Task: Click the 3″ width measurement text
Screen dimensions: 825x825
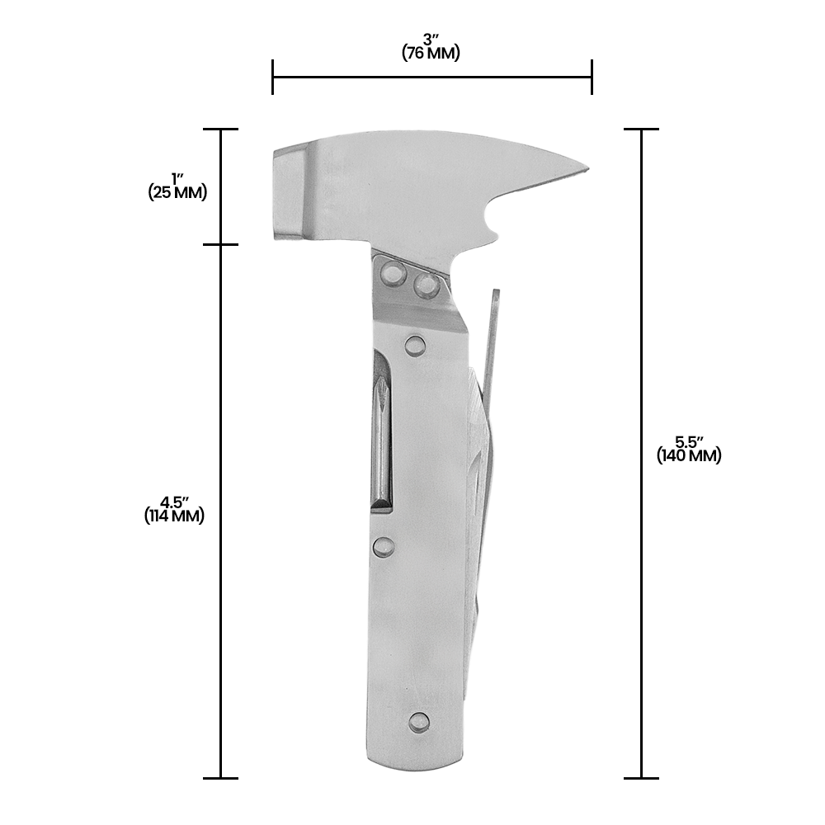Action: click(431, 40)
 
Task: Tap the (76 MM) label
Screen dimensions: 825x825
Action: click(431, 54)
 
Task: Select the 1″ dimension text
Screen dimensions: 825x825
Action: click(177, 179)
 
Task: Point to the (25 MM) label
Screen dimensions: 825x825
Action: click(177, 193)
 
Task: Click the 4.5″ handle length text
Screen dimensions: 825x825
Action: click(175, 502)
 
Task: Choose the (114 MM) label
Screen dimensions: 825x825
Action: click(174, 516)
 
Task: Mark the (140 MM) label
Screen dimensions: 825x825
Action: click(689, 455)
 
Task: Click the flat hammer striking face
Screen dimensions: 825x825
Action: click(285, 193)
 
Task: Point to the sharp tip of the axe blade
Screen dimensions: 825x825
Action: click(586, 170)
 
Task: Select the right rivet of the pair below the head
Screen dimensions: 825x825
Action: click(427, 285)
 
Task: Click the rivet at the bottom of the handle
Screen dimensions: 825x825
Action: click(419, 722)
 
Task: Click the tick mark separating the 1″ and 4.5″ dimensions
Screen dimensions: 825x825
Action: click(220, 244)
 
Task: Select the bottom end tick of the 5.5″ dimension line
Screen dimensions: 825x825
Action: click(642, 777)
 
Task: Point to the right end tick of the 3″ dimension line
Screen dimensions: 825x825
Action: click(592, 78)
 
